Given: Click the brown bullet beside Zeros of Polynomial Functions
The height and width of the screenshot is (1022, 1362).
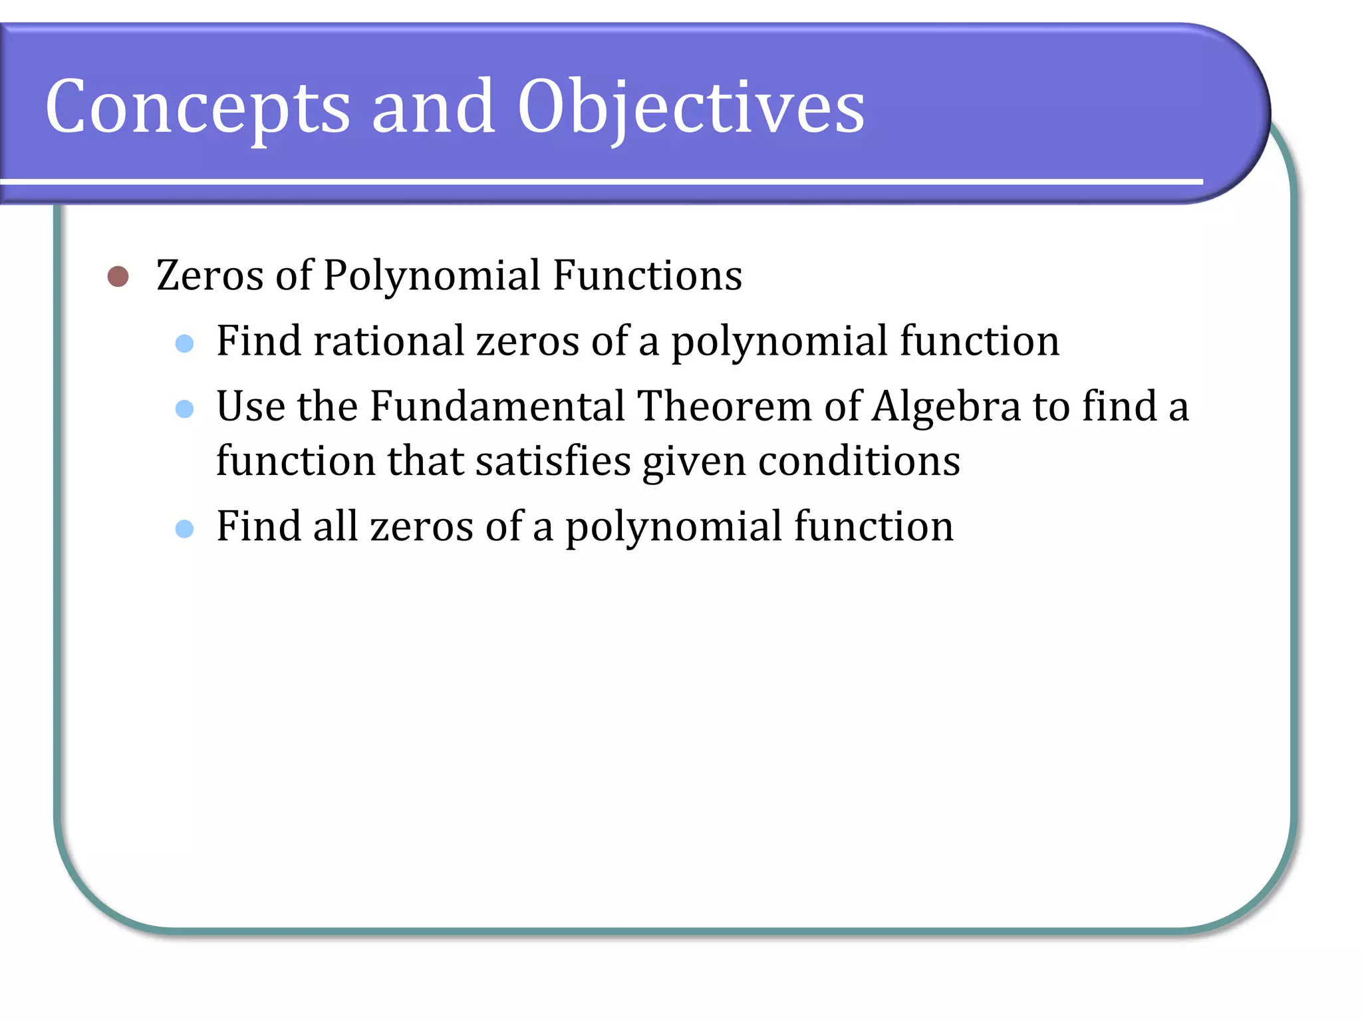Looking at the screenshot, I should (x=118, y=276).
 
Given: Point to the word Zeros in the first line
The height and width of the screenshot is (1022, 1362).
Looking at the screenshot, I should (x=209, y=275).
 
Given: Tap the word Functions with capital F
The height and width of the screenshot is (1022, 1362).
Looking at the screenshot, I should (x=647, y=275).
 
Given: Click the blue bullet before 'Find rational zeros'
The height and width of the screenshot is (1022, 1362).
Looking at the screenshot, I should (x=184, y=343).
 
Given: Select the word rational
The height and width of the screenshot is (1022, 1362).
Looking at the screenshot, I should (x=388, y=341).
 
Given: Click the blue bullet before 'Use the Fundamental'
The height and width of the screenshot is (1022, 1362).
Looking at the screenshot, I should (x=184, y=409).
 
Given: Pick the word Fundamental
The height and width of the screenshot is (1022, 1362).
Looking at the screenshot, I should (x=497, y=406).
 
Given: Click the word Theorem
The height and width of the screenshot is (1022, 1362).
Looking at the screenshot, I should (x=724, y=406).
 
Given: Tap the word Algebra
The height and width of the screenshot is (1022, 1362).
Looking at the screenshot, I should (x=946, y=406).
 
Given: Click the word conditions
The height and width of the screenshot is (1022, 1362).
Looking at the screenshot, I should (x=859, y=460).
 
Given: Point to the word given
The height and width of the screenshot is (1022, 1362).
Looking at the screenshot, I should (x=694, y=462).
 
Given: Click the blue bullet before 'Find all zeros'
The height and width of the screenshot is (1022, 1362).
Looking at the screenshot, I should (x=184, y=529).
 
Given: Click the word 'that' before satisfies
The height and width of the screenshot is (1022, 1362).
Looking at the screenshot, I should (x=426, y=460).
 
